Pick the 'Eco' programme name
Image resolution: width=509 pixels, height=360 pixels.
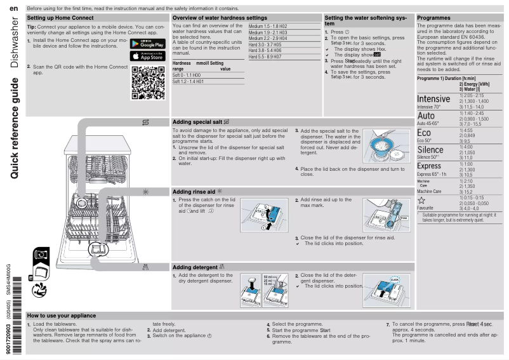pyautogui.click(x=428, y=133)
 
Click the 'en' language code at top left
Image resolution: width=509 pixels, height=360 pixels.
pyautogui.click(x=12, y=7)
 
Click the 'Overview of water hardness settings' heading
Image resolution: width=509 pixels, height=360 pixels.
pyautogui.click(x=220, y=18)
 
